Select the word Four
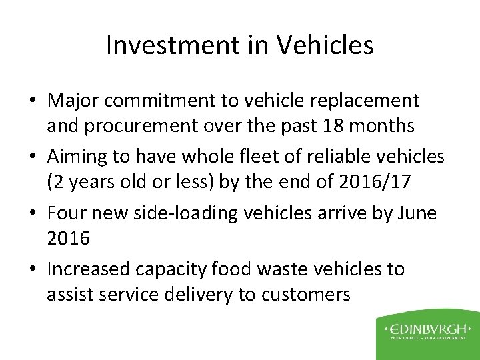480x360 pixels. tap(65, 213)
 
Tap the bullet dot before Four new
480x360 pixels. tap(35, 214)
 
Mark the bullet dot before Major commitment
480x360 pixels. tap(35, 101)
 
